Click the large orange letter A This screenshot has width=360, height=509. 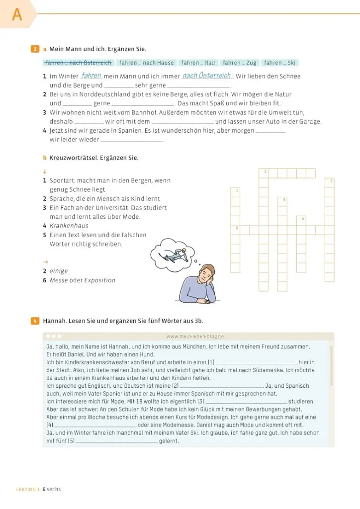point(17,14)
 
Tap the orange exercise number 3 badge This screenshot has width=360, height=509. point(35,49)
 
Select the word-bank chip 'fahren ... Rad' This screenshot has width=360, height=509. point(198,63)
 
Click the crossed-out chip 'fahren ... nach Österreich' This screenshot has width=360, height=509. point(79,63)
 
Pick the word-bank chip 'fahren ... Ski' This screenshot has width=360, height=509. point(279,63)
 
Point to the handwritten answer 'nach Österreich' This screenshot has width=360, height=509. point(207,76)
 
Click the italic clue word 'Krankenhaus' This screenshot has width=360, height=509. point(69,226)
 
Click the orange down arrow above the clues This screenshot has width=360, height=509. point(45,171)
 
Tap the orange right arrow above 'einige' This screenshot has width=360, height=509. point(45,261)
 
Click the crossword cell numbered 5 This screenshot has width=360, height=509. point(330,183)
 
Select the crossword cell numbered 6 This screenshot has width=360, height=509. point(235,230)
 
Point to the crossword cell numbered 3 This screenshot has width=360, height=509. point(282,202)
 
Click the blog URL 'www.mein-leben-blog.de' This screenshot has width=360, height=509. point(195,337)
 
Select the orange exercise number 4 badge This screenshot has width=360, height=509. point(35,321)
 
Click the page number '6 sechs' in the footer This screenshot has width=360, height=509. point(52,489)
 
